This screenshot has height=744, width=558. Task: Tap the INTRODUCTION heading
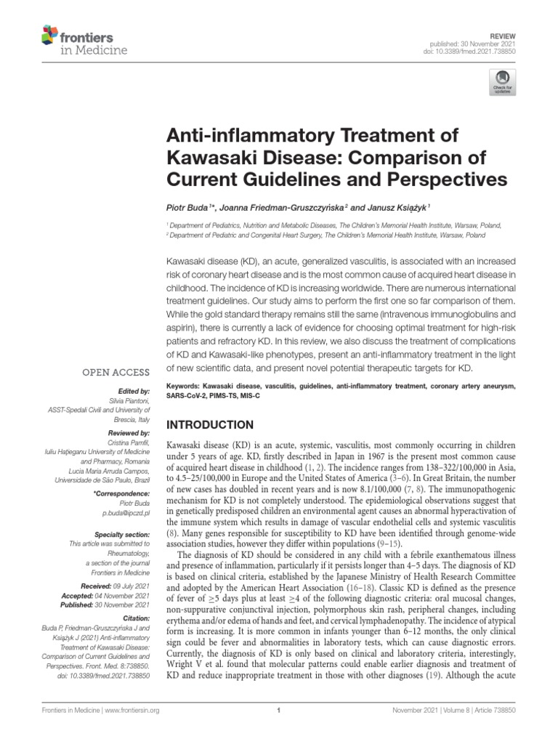[211, 424]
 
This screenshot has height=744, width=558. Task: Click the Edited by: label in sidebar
[133, 390]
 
